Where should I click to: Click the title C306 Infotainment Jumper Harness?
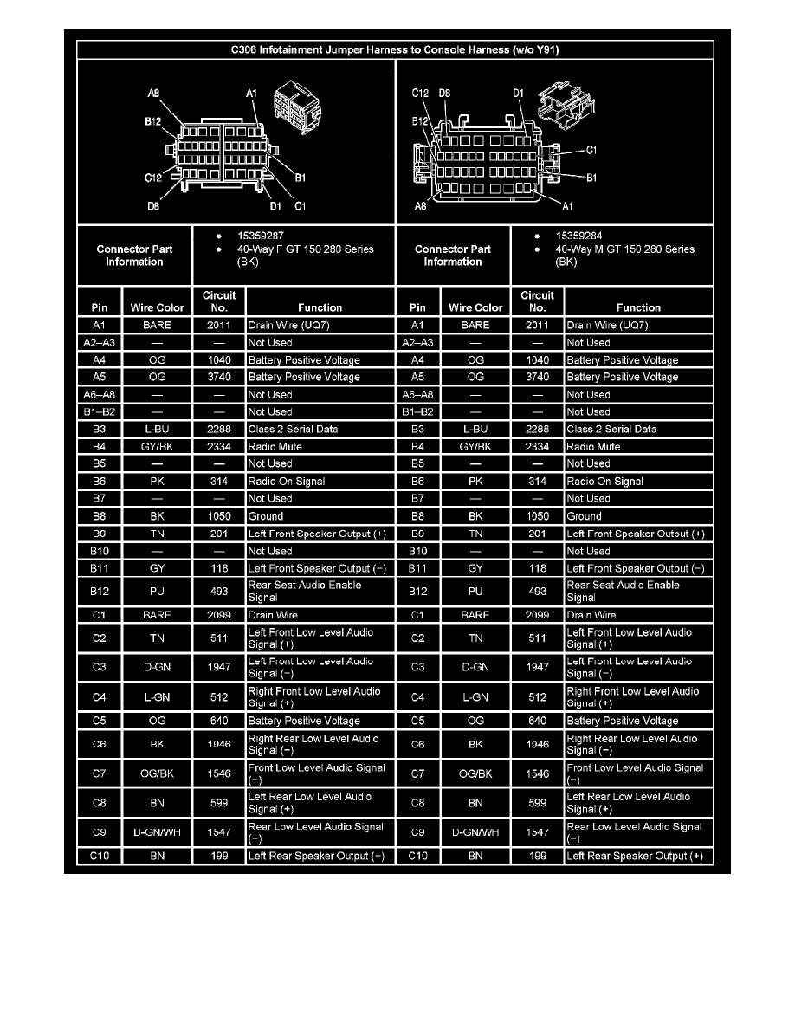395,49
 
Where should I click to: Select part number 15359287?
261,235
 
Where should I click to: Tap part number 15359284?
579,235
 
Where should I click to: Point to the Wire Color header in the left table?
157,307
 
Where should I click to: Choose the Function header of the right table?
638,307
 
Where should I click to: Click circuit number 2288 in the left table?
219,430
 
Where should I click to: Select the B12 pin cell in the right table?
417,592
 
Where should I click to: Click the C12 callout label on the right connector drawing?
420,93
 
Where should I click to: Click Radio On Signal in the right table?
604,482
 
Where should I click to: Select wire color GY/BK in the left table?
157,447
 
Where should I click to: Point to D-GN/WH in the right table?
475,833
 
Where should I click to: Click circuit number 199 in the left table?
219,857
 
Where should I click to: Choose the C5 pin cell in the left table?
98,721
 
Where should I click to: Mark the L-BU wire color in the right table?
475,430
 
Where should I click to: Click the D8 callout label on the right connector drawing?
444,93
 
